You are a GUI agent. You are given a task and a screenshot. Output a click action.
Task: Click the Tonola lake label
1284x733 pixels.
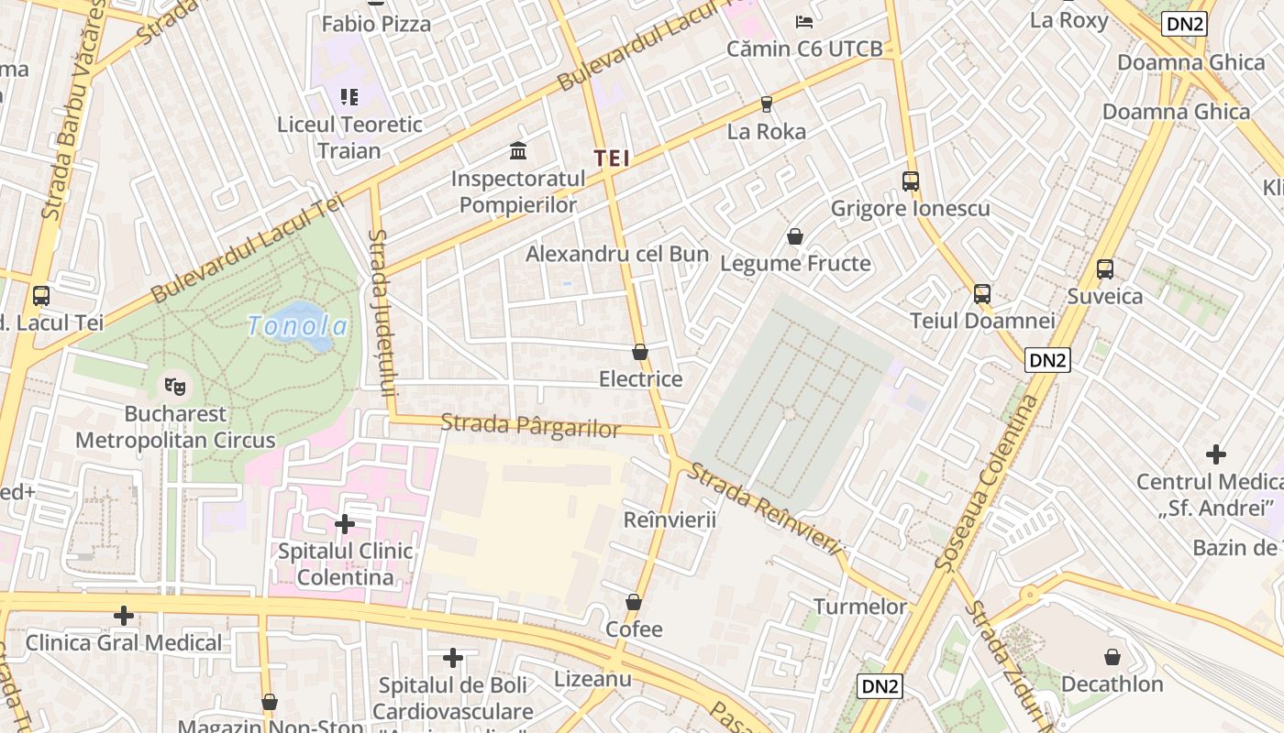(298, 326)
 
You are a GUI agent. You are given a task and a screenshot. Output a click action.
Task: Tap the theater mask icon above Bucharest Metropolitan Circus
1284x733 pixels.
(175, 386)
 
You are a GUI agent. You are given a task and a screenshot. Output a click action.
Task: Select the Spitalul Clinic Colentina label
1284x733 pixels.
(345, 564)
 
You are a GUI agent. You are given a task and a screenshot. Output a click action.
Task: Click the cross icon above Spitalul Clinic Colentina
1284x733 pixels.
(345, 524)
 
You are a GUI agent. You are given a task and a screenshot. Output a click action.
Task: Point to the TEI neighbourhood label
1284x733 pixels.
(612, 158)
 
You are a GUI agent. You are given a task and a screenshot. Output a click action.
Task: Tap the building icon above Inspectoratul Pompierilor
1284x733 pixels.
(518, 150)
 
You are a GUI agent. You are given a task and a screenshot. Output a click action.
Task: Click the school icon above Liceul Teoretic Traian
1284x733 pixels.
(349, 96)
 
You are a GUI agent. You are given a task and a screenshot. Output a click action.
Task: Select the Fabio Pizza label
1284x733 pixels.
(376, 24)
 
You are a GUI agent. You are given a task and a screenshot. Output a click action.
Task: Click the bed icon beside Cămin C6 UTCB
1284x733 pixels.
(804, 22)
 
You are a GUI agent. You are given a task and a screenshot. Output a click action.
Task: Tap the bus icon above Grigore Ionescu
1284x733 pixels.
(910, 181)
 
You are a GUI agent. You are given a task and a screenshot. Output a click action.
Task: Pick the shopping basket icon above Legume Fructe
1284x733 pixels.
(795, 236)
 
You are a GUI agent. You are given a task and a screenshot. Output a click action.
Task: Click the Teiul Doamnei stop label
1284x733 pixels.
(982, 321)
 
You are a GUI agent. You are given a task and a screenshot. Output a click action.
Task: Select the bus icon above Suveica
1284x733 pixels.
(1105, 269)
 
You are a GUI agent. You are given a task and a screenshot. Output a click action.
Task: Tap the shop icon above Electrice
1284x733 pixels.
(640, 352)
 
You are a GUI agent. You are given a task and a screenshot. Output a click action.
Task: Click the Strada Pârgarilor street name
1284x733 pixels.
(530, 426)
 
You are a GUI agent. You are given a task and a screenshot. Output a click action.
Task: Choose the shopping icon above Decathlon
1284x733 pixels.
(1112, 657)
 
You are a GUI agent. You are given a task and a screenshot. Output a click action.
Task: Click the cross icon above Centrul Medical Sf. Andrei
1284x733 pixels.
(1216, 454)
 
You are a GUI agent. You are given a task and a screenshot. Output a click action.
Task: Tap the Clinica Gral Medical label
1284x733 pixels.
(124, 642)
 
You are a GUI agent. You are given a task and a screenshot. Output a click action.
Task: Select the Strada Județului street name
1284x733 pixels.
(381, 312)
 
